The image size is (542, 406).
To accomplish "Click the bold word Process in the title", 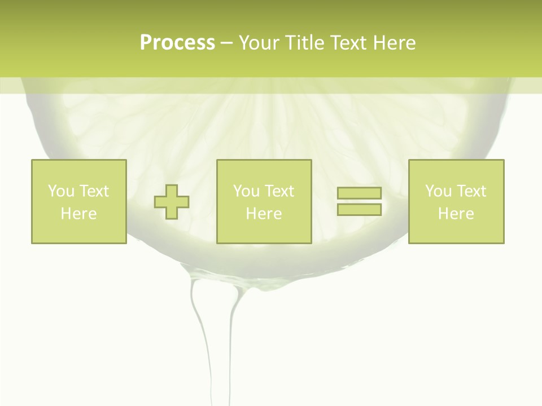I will click(177, 43).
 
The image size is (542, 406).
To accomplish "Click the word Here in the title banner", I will click(395, 43).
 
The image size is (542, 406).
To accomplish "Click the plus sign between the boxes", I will click(172, 202).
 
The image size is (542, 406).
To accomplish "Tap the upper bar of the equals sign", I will click(359, 193).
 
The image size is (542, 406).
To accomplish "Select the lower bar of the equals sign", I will click(359, 209).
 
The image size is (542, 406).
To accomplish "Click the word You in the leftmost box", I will click(61, 191).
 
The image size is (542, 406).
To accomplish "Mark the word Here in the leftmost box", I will click(78, 214).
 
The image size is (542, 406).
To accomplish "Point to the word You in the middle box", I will click(246, 191).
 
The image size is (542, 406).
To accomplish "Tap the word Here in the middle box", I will click(264, 214).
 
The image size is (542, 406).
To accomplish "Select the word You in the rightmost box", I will click(438, 191).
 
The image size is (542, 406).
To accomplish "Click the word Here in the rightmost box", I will click(456, 214).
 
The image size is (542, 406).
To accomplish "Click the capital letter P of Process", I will click(146, 43).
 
